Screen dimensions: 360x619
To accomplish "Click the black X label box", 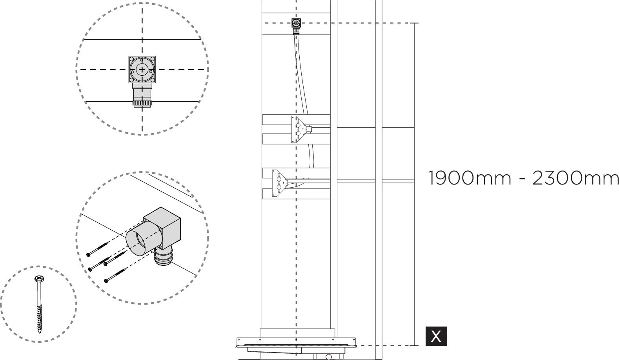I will click(436, 336).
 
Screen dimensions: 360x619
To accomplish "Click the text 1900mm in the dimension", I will click(469, 178).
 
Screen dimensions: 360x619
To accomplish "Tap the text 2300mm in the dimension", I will click(575, 178).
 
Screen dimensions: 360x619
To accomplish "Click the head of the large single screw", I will click(39, 279).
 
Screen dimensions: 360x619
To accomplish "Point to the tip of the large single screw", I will click(39, 332).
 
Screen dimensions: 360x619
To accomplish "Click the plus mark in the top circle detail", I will click(142, 69).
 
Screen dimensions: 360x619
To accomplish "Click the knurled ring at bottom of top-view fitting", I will click(142, 104).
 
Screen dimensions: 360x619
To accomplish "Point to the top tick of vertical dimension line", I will click(414, 24).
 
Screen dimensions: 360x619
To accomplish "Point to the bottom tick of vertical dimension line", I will click(414, 345).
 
